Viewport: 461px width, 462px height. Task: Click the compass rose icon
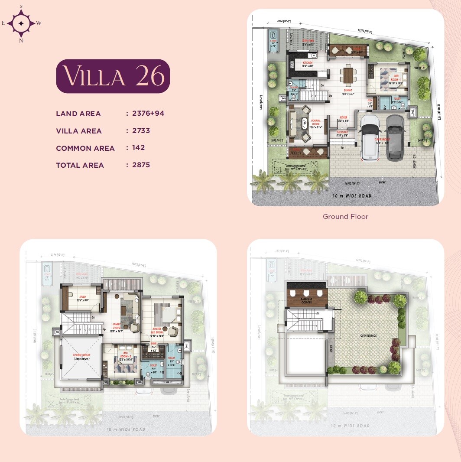pyautogui.click(x=21, y=23)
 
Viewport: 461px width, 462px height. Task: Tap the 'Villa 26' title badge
pyautogui.click(x=113, y=76)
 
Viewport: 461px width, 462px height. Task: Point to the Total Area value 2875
pyautogui.click(x=141, y=165)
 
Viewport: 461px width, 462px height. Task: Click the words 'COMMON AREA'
pyautogui.click(x=85, y=148)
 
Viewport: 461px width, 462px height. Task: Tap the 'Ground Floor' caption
pyautogui.click(x=345, y=216)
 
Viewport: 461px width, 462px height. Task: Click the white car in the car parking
pyautogui.click(x=371, y=136)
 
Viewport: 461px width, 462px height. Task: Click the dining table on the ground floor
pyautogui.click(x=347, y=75)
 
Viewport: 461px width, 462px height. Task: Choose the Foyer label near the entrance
pyautogui.click(x=343, y=117)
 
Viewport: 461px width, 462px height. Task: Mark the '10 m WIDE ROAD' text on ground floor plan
pyautogui.click(x=352, y=196)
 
